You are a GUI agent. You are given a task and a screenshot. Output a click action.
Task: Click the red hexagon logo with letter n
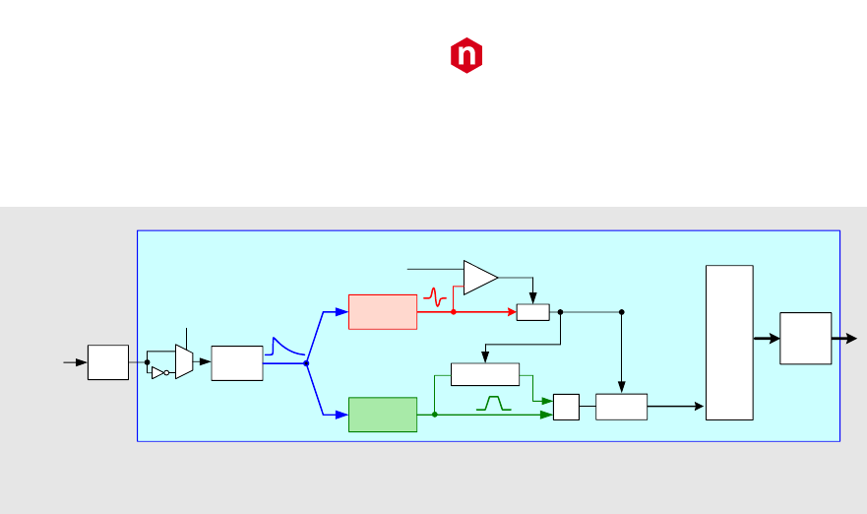click(467, 56)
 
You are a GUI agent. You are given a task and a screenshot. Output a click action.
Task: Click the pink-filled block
click(383, 311)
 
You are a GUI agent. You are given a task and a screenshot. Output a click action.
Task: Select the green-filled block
click(383, 415)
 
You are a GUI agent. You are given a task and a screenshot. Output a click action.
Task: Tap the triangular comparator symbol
click(480, 277)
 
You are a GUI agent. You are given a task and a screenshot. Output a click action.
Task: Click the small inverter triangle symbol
click(157, 373)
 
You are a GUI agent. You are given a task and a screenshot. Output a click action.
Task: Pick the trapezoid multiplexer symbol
click(183, 362)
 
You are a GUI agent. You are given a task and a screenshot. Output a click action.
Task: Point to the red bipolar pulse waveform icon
click(435, 293)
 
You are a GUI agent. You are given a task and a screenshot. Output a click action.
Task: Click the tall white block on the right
click(729, 343)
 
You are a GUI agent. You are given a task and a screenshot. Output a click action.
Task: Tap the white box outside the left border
click(107, 362)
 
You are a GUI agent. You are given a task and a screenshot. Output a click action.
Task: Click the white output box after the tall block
click(805, 339)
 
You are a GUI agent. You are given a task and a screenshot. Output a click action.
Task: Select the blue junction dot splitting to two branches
click(307, 362)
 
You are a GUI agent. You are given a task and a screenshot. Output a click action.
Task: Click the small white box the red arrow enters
click(532, 312)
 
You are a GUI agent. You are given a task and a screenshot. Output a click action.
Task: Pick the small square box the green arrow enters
click(566, 407)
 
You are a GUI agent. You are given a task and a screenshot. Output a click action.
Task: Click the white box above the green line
click(484, 374)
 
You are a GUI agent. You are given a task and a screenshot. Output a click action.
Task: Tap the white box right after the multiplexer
click(236, 362)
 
